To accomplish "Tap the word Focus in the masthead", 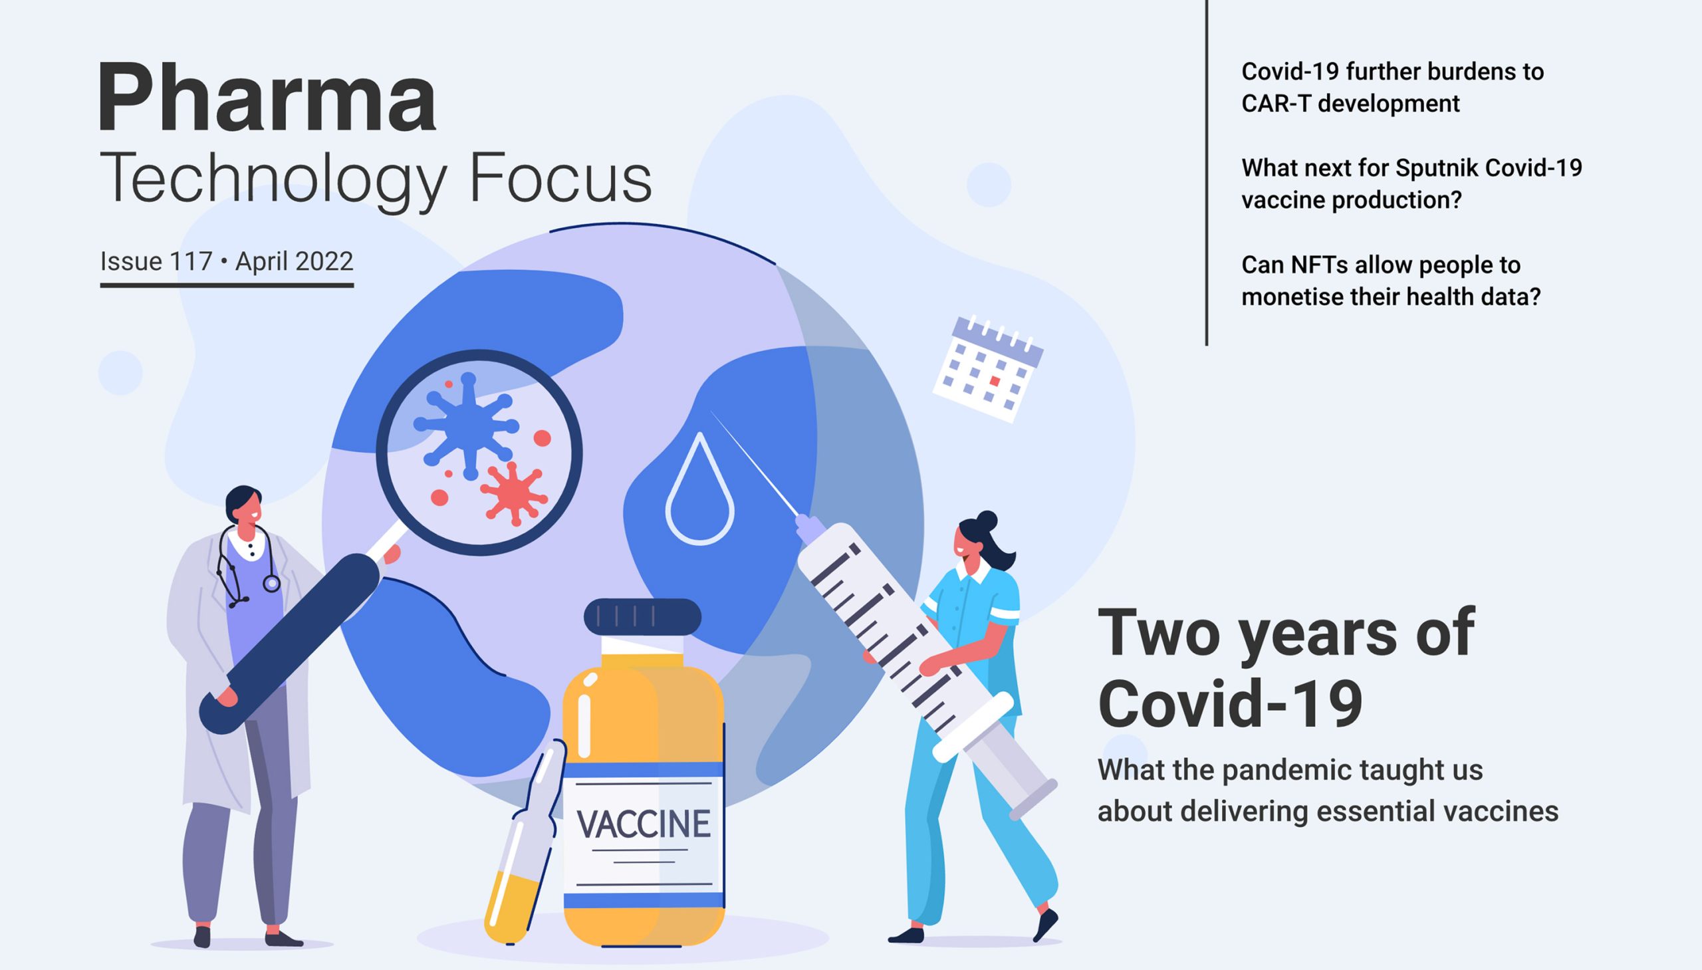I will (560, 179).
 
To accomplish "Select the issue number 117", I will (191, 261).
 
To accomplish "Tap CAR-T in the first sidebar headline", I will (1276, 104).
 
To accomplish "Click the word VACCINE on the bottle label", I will (644, 824).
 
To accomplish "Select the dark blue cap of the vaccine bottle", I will (642, 616).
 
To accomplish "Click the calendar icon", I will (988, 368).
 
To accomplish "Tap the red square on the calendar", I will (995, 381).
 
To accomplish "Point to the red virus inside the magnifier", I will (513, 492).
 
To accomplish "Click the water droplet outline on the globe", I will (699, 493).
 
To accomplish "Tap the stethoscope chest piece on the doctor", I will (271, 584).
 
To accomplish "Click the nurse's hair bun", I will (987, 521).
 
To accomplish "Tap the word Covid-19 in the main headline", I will (1230, 703).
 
